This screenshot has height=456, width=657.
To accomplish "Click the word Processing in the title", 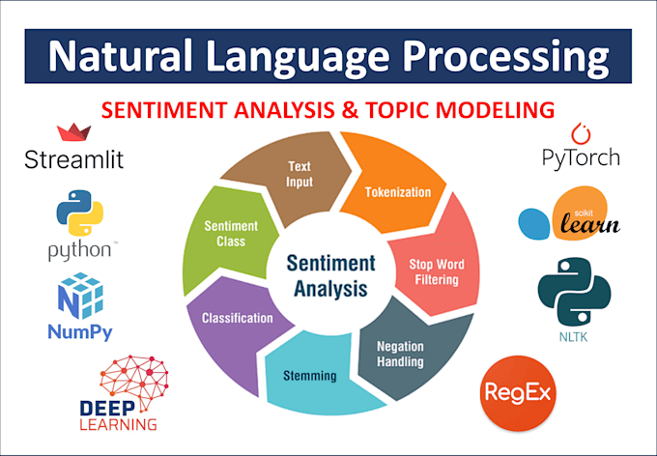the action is point(505,57).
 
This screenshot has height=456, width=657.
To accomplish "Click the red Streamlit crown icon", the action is point(74,132).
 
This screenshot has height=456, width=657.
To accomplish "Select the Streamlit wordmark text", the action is point(74,159).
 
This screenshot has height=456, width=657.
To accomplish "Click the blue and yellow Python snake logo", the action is point(79,213).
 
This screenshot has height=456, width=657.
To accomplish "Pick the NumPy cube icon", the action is point(80,296).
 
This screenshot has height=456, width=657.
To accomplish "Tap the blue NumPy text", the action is point(80,332).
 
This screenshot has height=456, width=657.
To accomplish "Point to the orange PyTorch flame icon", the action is point(582,133).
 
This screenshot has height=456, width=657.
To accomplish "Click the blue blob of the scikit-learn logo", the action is point(533,224).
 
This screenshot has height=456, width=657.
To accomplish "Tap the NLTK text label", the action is point(573,337).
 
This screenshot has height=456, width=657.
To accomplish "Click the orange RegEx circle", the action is point(518,393).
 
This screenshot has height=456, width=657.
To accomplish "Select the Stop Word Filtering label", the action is point(437,272).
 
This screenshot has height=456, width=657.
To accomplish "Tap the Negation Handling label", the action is point(400,354).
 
